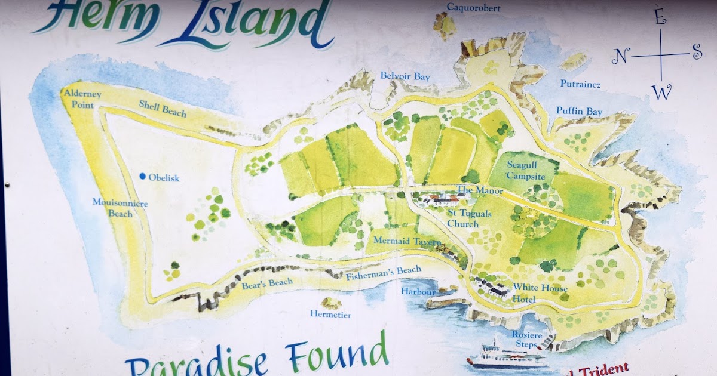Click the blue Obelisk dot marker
coord(142,176)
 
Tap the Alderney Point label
coord(81,99)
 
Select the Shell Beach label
coord(163,109)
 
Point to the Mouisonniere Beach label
coord(120,208)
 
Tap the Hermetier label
coord(330,314)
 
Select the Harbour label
coord(418,292)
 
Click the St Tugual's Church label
coord(463,218)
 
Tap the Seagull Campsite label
coord(526,170)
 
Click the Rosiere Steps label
coord(526,339)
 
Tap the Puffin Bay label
coord(579,112)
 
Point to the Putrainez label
coord(580,84)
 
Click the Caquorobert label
coord(473,8)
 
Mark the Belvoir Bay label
coord(405,76)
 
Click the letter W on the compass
coord(661,93)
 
